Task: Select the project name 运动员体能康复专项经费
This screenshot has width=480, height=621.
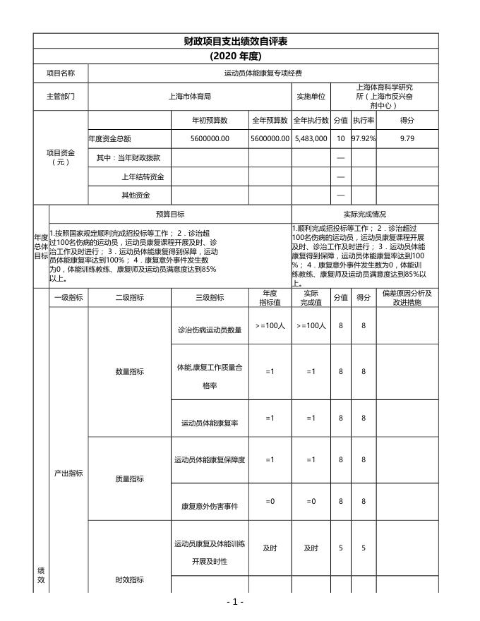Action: (x=263, y=73)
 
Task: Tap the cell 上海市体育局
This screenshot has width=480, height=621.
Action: (x=190, y=96)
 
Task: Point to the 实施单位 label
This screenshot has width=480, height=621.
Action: (x=311, y=96)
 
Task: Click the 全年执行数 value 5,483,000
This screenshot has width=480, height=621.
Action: (x=311, y=139)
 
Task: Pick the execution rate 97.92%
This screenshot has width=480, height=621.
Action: (x=364, y=139)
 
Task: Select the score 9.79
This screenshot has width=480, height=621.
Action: (x=407, y=139)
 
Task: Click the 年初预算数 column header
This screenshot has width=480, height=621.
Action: (x=210, y=121)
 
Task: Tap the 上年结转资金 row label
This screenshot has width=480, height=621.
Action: (x=143, y=176)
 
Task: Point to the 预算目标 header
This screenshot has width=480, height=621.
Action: (x=170, y=214)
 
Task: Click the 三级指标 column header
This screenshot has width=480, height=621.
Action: (x=210, y=298)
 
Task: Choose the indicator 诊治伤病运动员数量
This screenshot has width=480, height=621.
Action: (x=210, y=330)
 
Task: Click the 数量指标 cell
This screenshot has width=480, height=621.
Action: (x=129, y=372)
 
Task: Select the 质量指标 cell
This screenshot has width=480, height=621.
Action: (x=129, y=479)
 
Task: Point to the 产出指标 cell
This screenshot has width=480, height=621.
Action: (x=68, y=473)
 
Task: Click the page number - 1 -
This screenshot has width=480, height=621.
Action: (x=235, y=602)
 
